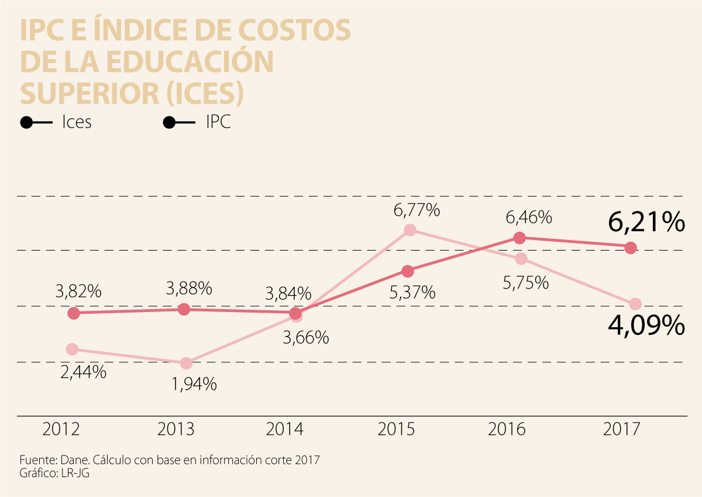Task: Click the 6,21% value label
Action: (646, 223)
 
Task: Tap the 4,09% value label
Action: (646, 325)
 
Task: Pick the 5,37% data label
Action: (412, 292)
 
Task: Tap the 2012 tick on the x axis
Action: (61, 430)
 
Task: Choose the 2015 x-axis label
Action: (396, 430)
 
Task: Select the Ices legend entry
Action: (77, 123)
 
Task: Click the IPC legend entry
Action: (218, 123)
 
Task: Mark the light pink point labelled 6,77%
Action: (410, 230)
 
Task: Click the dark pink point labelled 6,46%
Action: (519, 238)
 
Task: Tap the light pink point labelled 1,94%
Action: (186, 364)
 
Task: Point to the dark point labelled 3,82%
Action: (73, 313)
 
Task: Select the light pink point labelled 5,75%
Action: (521, 259)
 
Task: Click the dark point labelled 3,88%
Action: (184, 309)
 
